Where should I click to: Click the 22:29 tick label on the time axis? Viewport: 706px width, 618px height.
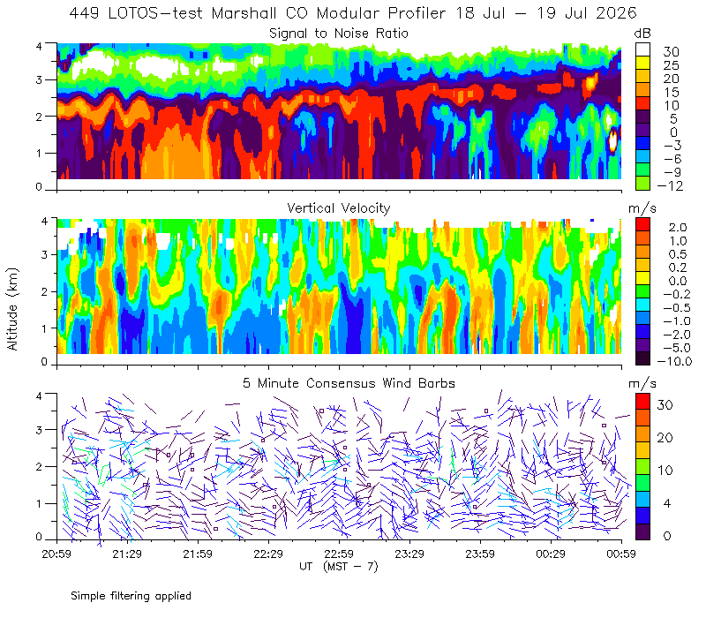268,554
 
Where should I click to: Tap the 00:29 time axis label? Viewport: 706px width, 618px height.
551,554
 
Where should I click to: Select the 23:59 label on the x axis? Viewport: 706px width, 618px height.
480,554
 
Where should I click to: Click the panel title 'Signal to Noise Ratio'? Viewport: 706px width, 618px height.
339,34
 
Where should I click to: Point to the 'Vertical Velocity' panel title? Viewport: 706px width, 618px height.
339,208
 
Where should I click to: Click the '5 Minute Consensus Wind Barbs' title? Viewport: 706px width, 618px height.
349,383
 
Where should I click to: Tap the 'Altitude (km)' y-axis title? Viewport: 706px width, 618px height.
12,309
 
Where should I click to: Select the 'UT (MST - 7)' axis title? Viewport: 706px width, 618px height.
339,567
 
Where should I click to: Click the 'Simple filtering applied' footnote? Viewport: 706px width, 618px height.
131,596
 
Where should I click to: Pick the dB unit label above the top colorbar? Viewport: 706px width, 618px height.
642,34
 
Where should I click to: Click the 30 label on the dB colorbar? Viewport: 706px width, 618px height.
671,51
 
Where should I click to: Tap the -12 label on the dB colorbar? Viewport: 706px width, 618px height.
670,185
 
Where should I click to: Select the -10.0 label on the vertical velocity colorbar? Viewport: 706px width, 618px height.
674,361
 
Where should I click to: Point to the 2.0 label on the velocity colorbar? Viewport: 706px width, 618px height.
678,227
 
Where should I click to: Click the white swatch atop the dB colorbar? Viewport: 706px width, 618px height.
642,49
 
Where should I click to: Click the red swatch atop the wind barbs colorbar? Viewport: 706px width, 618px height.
642,402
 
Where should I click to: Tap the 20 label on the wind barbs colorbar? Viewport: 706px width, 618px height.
665,437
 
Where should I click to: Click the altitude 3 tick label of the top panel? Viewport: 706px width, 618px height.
39,79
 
